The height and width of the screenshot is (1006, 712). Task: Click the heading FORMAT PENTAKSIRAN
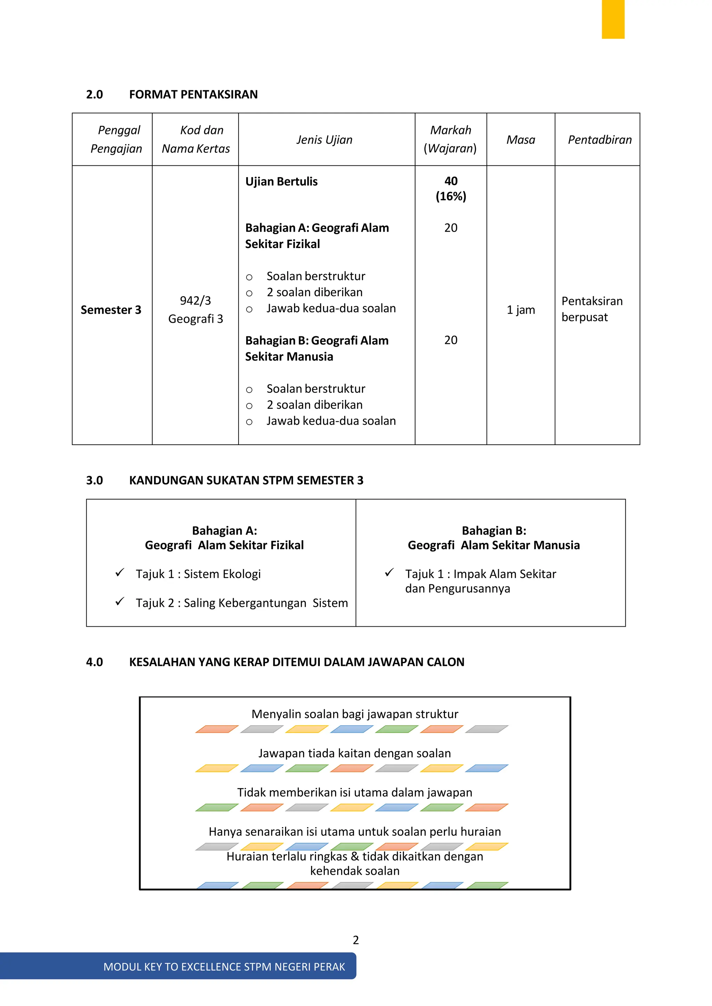193,94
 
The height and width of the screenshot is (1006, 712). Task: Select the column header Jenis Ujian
324,140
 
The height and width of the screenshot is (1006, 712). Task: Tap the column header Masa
520,140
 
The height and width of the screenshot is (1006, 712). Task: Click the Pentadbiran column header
599,140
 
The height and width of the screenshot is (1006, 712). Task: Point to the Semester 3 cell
111,310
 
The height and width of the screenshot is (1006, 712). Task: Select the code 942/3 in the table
195,300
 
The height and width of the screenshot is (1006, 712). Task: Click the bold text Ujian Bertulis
281,181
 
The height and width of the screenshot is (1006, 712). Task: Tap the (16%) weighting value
451,196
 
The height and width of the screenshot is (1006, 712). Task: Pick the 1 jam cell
520,310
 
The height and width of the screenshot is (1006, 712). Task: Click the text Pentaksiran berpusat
591,309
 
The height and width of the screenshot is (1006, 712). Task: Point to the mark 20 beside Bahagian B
451,340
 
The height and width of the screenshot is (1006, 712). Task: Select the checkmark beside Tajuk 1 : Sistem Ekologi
120,573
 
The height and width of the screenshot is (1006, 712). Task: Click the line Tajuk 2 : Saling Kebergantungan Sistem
242,603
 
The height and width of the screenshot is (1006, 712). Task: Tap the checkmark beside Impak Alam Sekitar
389,573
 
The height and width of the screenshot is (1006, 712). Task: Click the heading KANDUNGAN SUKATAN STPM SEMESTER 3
246,480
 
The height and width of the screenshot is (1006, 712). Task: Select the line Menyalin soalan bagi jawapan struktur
355,714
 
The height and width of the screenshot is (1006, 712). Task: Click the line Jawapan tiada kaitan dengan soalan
354,753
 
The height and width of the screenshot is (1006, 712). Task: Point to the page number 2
356,940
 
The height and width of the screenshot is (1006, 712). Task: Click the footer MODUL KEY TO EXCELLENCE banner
224,966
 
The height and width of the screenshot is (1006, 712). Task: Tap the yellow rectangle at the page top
613,19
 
